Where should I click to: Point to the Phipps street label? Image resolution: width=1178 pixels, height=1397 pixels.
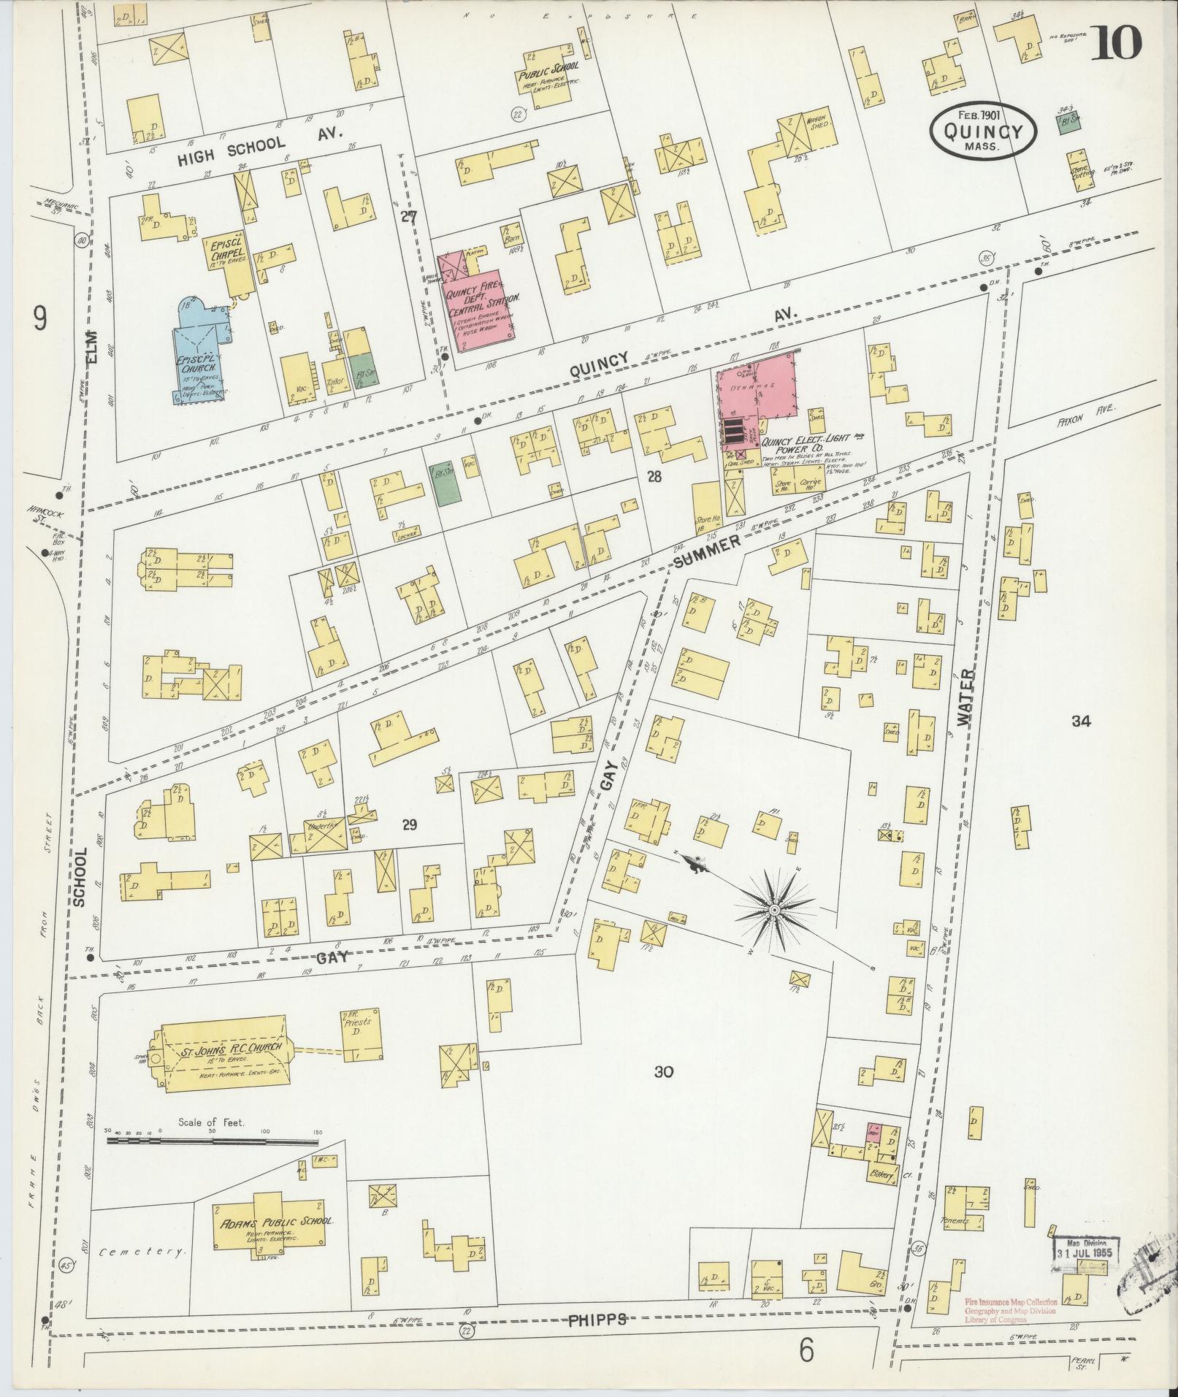597,1320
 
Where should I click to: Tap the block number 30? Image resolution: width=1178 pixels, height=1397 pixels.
663,1072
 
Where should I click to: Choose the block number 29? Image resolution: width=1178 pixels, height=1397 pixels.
409,824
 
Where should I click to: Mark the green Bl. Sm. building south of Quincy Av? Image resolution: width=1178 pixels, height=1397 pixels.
441,483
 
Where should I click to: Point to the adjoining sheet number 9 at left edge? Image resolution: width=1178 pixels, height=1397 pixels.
40,318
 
